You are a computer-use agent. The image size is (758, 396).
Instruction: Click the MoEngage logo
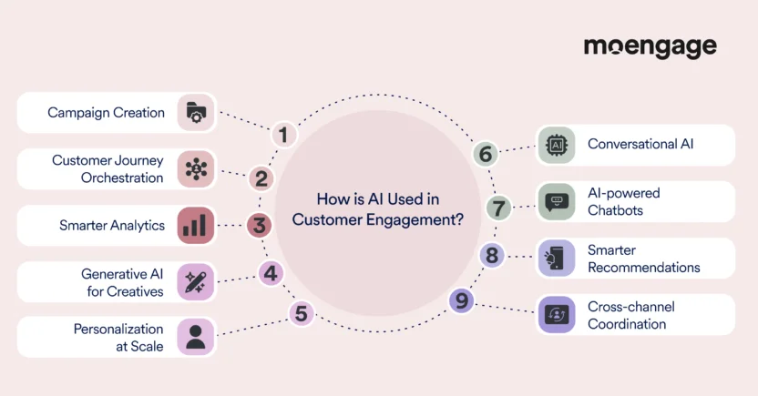(x=650, y=47)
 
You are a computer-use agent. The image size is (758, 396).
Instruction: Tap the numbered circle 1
(x=283, y=136)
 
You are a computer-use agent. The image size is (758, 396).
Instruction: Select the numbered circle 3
(x=261, y=225)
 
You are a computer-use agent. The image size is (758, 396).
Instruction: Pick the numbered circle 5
(x=302, y=315)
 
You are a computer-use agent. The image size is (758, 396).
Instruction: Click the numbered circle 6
(x=485, y=155)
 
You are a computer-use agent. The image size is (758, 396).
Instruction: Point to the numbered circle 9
(x=461, y=300)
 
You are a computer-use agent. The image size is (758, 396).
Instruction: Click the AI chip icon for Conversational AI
(x=556, y=145)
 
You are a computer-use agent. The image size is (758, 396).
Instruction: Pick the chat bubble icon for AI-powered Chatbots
(x=556, y=201)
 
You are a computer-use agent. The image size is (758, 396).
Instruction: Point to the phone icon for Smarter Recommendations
(x=556, y=259)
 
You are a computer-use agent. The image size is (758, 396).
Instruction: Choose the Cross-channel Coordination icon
(x=556, y=315)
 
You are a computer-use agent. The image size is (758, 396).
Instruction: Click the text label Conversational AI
(x=640, y=145)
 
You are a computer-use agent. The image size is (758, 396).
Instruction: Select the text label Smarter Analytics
(x=112, y=225)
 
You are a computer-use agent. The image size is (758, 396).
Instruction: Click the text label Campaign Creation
(x=107, y=113)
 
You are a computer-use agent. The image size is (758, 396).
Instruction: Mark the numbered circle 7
(x=498, y=208)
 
